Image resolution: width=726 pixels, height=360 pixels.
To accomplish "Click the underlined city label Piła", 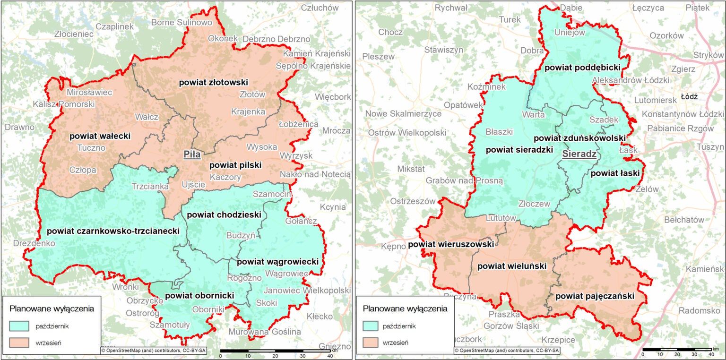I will [192, 154].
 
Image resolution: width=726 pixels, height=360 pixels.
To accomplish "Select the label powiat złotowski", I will [214, 82].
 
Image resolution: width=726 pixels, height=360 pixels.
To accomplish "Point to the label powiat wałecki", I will [100, 136].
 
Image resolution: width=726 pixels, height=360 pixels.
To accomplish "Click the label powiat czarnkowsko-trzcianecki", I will [113, 231].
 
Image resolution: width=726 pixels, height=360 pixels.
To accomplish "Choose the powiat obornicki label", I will [199, 296].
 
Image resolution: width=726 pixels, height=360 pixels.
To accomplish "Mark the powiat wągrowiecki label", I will [278, 262].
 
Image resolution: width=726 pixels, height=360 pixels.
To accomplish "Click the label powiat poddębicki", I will [582, 68].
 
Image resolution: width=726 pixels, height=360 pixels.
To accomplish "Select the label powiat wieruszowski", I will [451, 244].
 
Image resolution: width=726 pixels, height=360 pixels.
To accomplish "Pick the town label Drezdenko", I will [35, 243].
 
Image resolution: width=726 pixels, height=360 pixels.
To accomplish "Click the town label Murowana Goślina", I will [264, 332].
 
